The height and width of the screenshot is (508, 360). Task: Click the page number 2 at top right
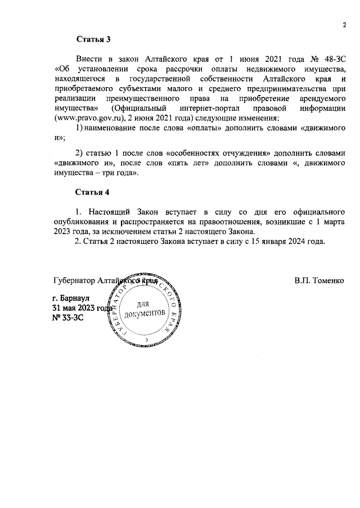click(x=343, y=24)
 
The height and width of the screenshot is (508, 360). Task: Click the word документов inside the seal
click(x=146, y=315)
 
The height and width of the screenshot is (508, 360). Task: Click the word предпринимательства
click(x=283, y=88)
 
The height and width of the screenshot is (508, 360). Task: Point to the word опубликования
click(x=80, y=221)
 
